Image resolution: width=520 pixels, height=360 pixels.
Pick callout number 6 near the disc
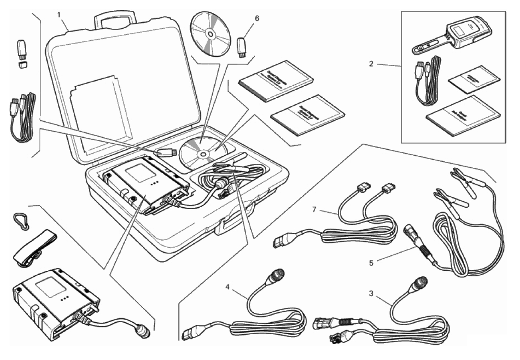257,19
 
